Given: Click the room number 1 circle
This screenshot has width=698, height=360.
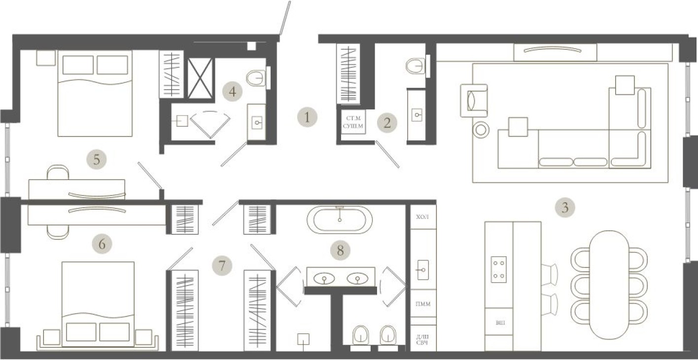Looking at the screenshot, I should pos(307,117).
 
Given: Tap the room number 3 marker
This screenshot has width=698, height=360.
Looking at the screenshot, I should pos(565,208).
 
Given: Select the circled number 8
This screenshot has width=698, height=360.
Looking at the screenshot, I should pos(340,251).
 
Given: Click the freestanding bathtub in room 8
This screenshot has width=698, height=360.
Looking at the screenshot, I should pos(340,219).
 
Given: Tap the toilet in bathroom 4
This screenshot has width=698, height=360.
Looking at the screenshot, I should pos(255,77).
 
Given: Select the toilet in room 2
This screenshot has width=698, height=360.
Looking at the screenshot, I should pos(416,66).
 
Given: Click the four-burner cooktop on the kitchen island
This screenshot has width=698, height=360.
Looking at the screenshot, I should pos(499,269).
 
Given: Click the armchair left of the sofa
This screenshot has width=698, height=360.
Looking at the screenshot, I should pos(473,101).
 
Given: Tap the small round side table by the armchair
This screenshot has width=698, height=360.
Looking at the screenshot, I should pos(481,130).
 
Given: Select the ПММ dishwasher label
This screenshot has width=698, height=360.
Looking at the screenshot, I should pos(423,304).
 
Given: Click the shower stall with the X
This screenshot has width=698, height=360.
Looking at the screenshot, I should pos(201,78).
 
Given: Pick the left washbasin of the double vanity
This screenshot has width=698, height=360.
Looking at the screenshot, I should pos(324,279).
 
